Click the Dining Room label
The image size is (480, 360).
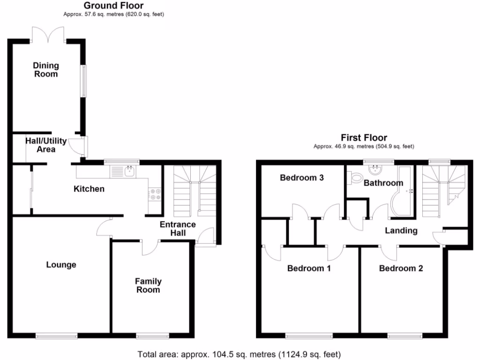(x=45, y=69)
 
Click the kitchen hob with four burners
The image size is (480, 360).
(x=155, y=194)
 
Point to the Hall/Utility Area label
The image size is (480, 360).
(x=46, y=145)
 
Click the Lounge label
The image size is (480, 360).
(x=61, y=265)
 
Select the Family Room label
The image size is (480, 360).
(x=148, y=285)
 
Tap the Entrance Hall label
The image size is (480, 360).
(x=178, y=229)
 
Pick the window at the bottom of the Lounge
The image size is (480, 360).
(x=57, y=335)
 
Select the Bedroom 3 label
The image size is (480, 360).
(x=302, y=178)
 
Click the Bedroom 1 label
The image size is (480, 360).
(x=309, y=269)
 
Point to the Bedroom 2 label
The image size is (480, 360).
(x=401, y=269)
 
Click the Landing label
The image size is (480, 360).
(x=401, y=231)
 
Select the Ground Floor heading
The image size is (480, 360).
(x=113, y=6)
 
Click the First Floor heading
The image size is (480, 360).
(x=364, y=138)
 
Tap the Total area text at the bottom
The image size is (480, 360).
(x=239, y=354)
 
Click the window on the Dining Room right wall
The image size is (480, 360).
(x=84, y=81)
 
